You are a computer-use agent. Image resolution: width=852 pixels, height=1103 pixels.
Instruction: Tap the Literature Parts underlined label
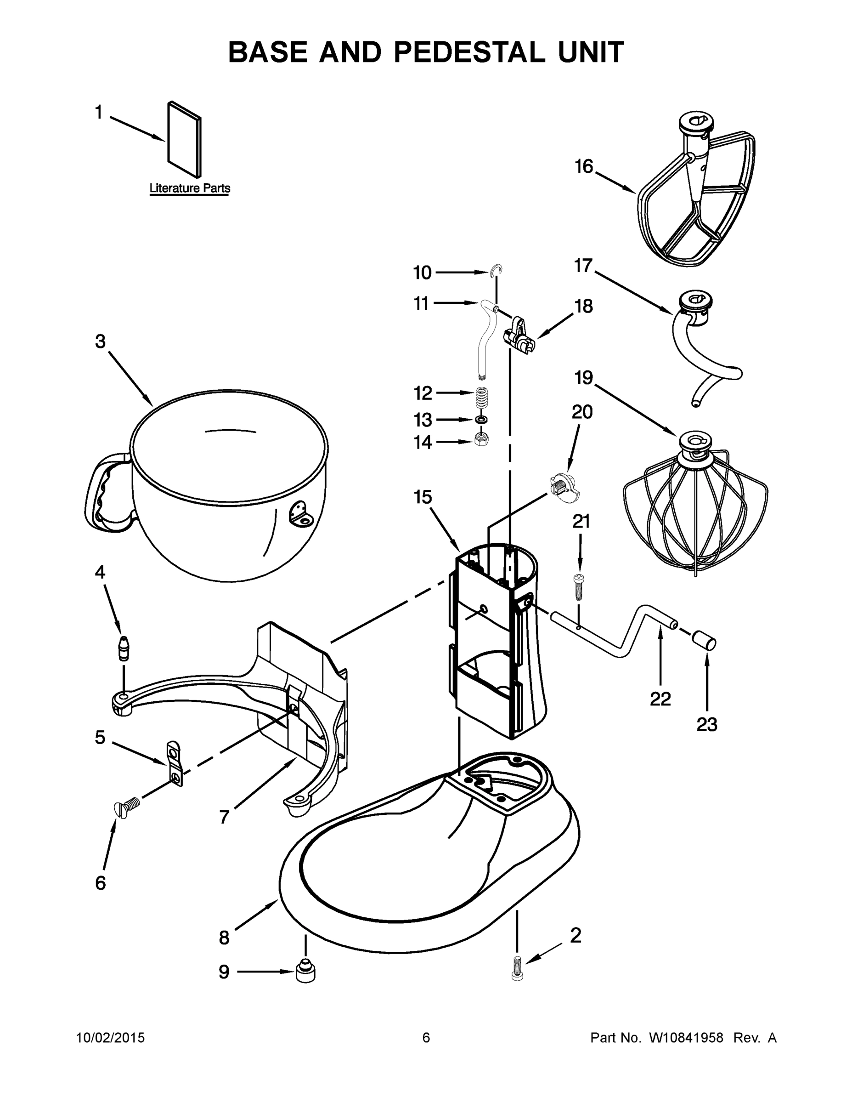click(190, 188)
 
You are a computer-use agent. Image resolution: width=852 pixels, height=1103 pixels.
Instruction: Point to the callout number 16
click(584, 166)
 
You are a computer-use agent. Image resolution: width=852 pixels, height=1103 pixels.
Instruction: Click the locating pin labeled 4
click(123, 648)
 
